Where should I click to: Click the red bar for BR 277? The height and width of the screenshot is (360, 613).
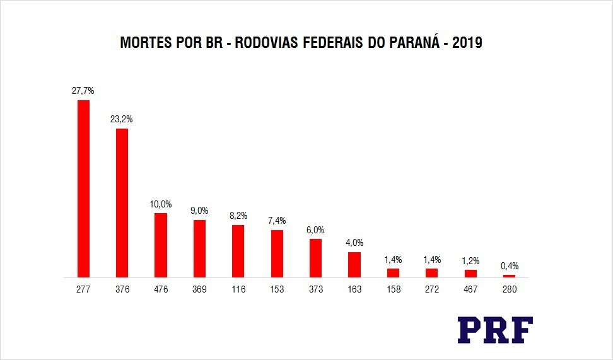click(83, 189)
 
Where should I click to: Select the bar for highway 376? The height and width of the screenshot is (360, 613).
click(122, 202)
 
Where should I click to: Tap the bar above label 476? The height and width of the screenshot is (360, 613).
click(161, 245)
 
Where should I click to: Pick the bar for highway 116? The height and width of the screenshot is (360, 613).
click(238, 251)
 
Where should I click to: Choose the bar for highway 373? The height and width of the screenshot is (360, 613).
click(315, 258)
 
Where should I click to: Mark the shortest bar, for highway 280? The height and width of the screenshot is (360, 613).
click(509, 276)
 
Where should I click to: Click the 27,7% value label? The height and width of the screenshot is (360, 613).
click(83, 91)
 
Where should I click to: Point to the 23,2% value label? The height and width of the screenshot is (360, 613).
click(122, 119)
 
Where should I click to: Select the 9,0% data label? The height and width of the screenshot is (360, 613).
click(199, 211)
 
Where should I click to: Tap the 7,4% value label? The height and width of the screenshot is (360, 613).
click(277, 221)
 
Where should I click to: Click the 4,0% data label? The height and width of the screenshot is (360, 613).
click(354, 243)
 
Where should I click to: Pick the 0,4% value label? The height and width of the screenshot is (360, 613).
click(510, 265)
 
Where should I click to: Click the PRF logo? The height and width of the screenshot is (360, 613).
click(495, 330)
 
